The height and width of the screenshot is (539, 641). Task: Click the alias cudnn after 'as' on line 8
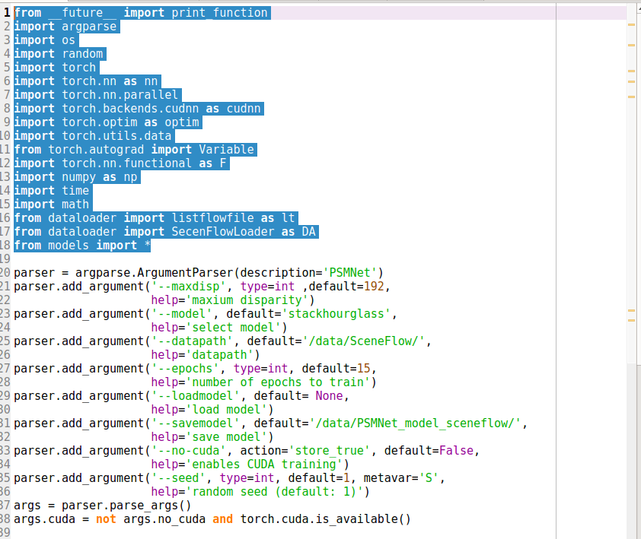(x=244, y=109)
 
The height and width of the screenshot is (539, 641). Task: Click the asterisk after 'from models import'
(x=147, y=246)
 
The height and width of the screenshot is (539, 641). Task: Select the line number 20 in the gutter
(x=6, y=273)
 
